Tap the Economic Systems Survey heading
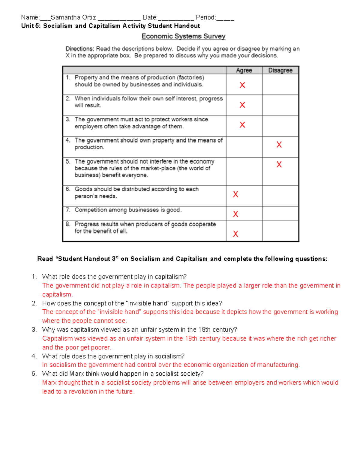point(183,36)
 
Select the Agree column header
point(244,70)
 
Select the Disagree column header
point(280,70)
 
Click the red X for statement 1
point(242,85)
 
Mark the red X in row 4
point(279,145)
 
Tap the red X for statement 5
point(279,164)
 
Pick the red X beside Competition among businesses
point(235,214)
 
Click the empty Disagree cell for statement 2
point(280,105)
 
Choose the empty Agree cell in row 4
point(244,147)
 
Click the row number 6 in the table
point(68,189)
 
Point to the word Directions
point(79,49)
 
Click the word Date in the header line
point(149,17)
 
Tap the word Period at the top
point(205,17)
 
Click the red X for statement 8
point(235,234)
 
